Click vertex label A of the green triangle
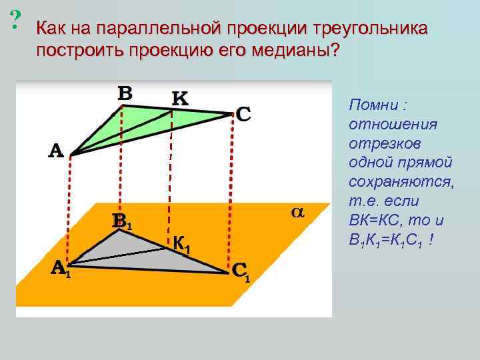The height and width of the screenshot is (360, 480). click(56, 151)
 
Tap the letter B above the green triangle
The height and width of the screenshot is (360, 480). click(125, 93)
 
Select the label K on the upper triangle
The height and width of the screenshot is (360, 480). click(180, 98)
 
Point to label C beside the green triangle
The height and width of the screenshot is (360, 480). click(243, 115)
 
